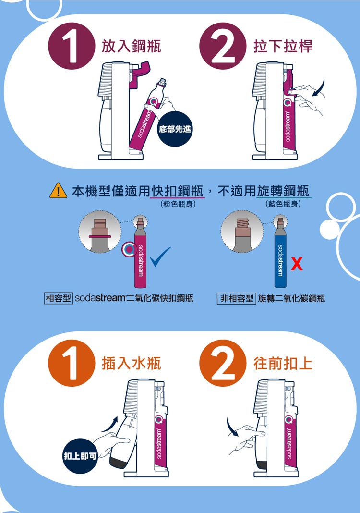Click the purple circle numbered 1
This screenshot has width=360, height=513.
click(x=72, y=46)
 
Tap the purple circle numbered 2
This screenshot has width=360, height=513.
click(x=223, y=46)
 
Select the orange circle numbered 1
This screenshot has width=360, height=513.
click(x=72, y=363)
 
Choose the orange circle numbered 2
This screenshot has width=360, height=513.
click(x=223, y=363)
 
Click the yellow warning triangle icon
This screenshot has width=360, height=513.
click(x=58, y=191)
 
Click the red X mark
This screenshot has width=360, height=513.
click(x=297, y=264)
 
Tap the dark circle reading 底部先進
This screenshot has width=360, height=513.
click(x=175, y=129)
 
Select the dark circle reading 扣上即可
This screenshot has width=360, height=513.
click(x=80, y=456)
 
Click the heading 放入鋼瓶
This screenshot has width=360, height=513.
click(x=132, y=46)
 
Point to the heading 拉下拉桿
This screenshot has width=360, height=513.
click(x=283, y=46)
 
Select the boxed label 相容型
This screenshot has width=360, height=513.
click(x=58, y=298)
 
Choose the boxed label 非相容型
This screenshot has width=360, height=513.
click(x=237, y=298)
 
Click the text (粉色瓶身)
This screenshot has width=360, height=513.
click(x=178, y=204)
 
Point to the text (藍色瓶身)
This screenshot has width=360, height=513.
click(x=283, y=204)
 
